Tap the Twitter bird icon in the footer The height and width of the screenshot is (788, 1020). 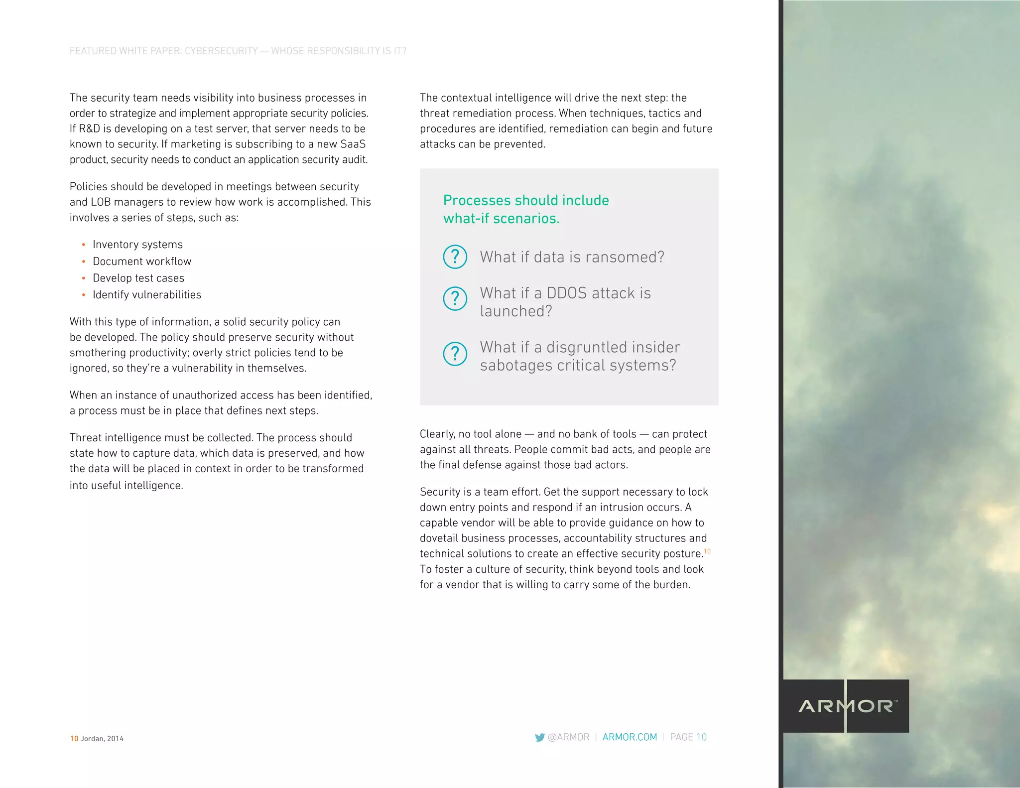point(539,737)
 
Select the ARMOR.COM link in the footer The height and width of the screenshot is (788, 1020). point(630,737)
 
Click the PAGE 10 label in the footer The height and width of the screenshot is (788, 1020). point(688,737)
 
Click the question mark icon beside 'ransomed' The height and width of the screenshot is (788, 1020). point(455,257)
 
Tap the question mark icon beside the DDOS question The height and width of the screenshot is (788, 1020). point(455,298)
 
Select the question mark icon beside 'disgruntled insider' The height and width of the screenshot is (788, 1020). point(455,354)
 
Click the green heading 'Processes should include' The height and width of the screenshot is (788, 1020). point(526,200)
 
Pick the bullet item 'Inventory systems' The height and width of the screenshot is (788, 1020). point(137,245)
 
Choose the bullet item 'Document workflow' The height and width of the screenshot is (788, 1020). point(142,262)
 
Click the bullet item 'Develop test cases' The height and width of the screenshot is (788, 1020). point(138,278)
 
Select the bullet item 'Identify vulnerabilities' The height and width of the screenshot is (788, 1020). point(147,295)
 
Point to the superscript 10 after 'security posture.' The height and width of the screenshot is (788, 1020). point(707,551)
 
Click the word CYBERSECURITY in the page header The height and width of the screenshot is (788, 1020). point(221,51)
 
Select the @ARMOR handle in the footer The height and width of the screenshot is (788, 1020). point(568,737)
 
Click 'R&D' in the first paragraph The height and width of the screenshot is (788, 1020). point(90,129)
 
